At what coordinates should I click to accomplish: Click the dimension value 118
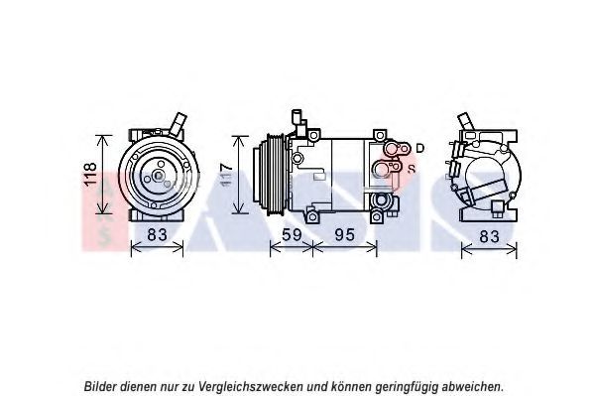click(91, 174)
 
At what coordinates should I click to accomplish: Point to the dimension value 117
click(226, 175)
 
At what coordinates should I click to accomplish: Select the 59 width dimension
click(292, 235)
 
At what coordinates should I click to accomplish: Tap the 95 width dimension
click(345, 235)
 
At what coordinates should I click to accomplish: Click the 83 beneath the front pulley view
click(157, 234)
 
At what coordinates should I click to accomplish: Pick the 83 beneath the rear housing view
click(489, 236)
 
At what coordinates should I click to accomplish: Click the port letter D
click(419, 148)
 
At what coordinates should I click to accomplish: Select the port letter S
click(412, 169)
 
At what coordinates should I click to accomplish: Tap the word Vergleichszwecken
click(251, 386)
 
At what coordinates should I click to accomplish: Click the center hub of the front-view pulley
click(158, 176)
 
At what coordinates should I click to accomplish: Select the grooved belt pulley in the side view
click(275, 176)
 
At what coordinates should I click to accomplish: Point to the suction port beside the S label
click(387, 168)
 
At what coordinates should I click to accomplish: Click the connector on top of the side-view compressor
click(298, 122)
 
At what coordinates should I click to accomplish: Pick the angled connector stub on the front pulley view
click(178, 124)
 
